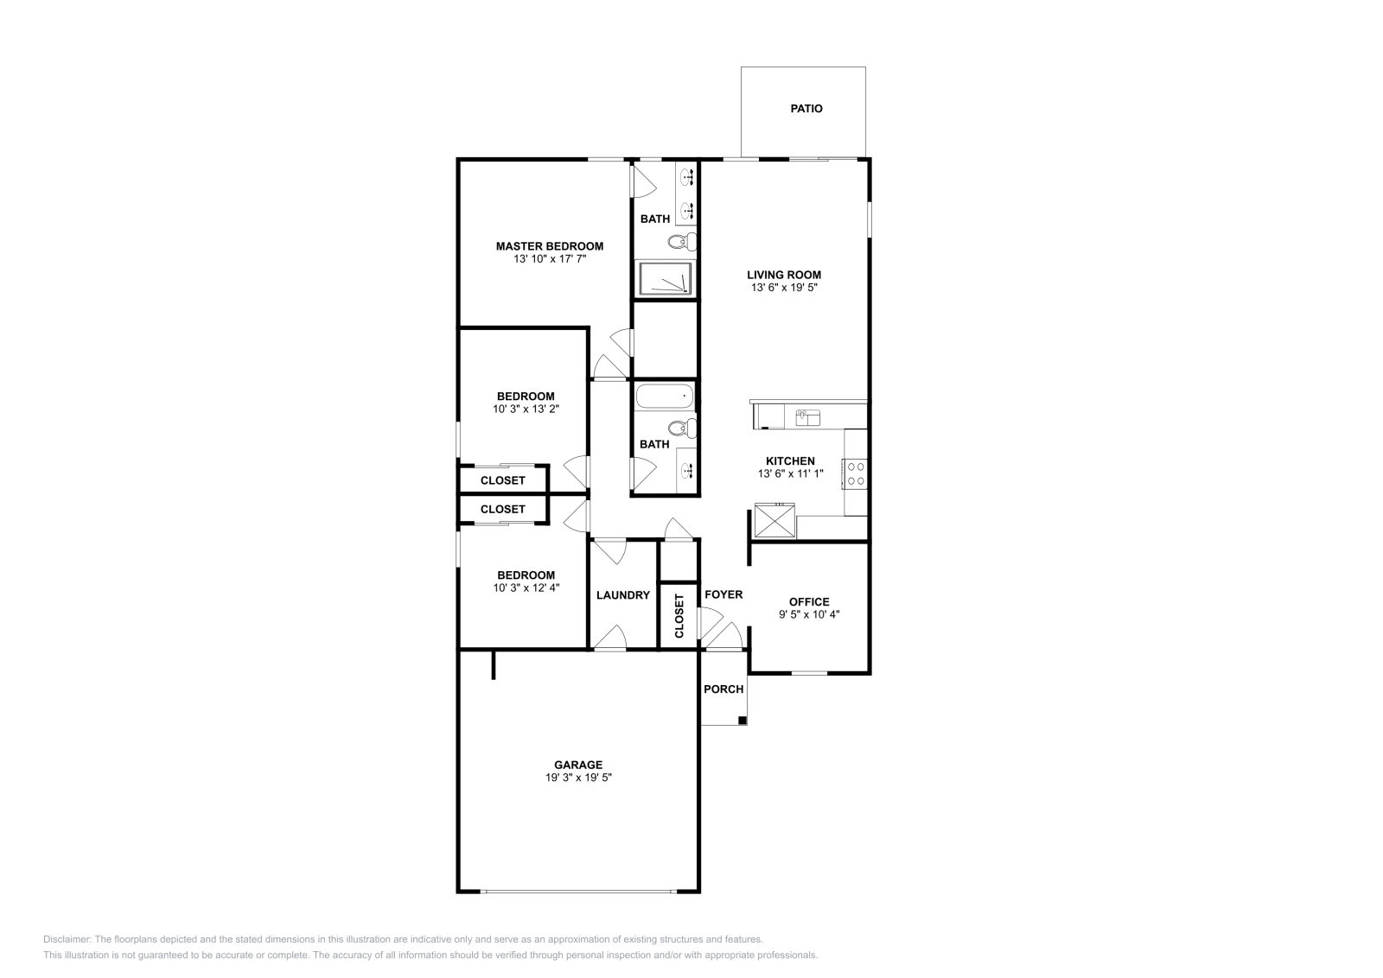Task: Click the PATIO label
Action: [x=806, y=109]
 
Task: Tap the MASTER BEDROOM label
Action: [x=549, y=246]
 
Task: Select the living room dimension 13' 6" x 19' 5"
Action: [x=784, y=288]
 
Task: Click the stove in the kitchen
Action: [x=856, y=473]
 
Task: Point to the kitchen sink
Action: [x=807, y=417]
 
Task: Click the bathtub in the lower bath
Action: [x=665, y=397]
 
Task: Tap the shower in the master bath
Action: [x=666, y=278]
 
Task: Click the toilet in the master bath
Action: [x=682, y=241]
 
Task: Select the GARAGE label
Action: [x=578, y=765]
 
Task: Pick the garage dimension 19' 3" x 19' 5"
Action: [x=578, y=778]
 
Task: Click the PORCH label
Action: [x=723, y=689]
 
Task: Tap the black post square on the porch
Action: [x=742, y=720]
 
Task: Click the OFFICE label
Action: [x=809, y=602]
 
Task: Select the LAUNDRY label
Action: [x=622, y=595]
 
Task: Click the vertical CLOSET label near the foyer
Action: [x=679, y=615]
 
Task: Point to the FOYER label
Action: [x=723, y=594]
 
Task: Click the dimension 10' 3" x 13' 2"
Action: [x=526, y=410]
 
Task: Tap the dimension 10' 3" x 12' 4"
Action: [x=526, y=588]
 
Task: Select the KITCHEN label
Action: [x=790, y=461]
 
